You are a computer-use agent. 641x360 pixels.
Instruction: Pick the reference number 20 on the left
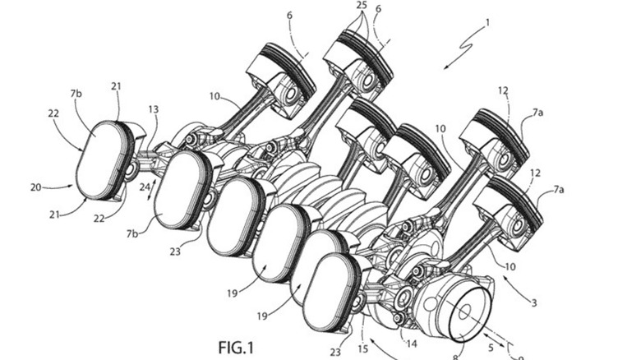coord(36,187)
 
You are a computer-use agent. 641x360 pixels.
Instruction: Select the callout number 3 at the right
coord(533,302)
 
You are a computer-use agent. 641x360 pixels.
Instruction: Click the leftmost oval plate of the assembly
coord(102,161)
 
